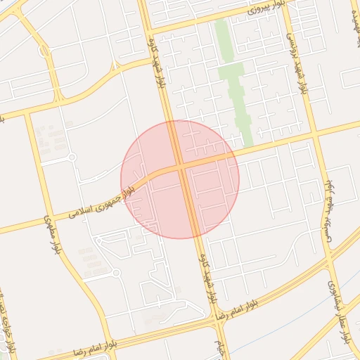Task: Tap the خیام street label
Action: click(219, 345)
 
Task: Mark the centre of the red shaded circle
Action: click(180, 179)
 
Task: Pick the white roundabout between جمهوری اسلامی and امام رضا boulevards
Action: click(117, 273)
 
